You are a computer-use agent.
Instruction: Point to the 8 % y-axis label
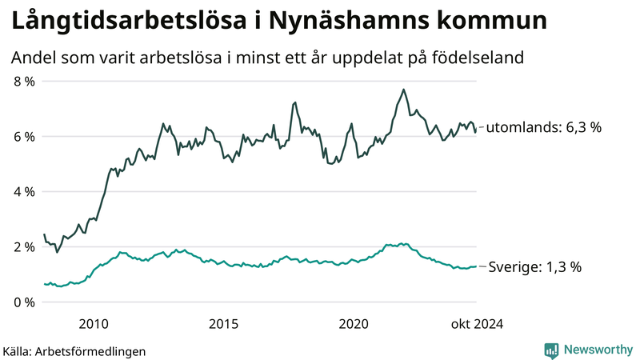[24, 82]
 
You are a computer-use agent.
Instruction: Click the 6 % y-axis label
[24, 137]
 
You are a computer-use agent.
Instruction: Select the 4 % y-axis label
[24, 192]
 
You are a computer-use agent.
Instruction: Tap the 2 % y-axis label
[24, 247]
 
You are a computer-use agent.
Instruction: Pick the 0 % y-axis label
[24, 302]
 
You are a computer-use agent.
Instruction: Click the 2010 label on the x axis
[94, 323]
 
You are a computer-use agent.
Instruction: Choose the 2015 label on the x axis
[223, 323]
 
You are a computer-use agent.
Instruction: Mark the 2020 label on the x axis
[354, 323]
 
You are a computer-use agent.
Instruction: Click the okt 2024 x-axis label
[477, 323]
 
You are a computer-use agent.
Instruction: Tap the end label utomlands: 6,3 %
[544, 127]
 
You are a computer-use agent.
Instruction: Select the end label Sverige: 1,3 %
[534, 267]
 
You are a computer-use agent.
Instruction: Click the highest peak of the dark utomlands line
[404, 90]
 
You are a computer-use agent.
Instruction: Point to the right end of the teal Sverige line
[476, 266]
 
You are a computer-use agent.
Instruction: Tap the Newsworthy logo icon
[551, 350]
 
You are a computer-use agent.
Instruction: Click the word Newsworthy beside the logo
[598, 350]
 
